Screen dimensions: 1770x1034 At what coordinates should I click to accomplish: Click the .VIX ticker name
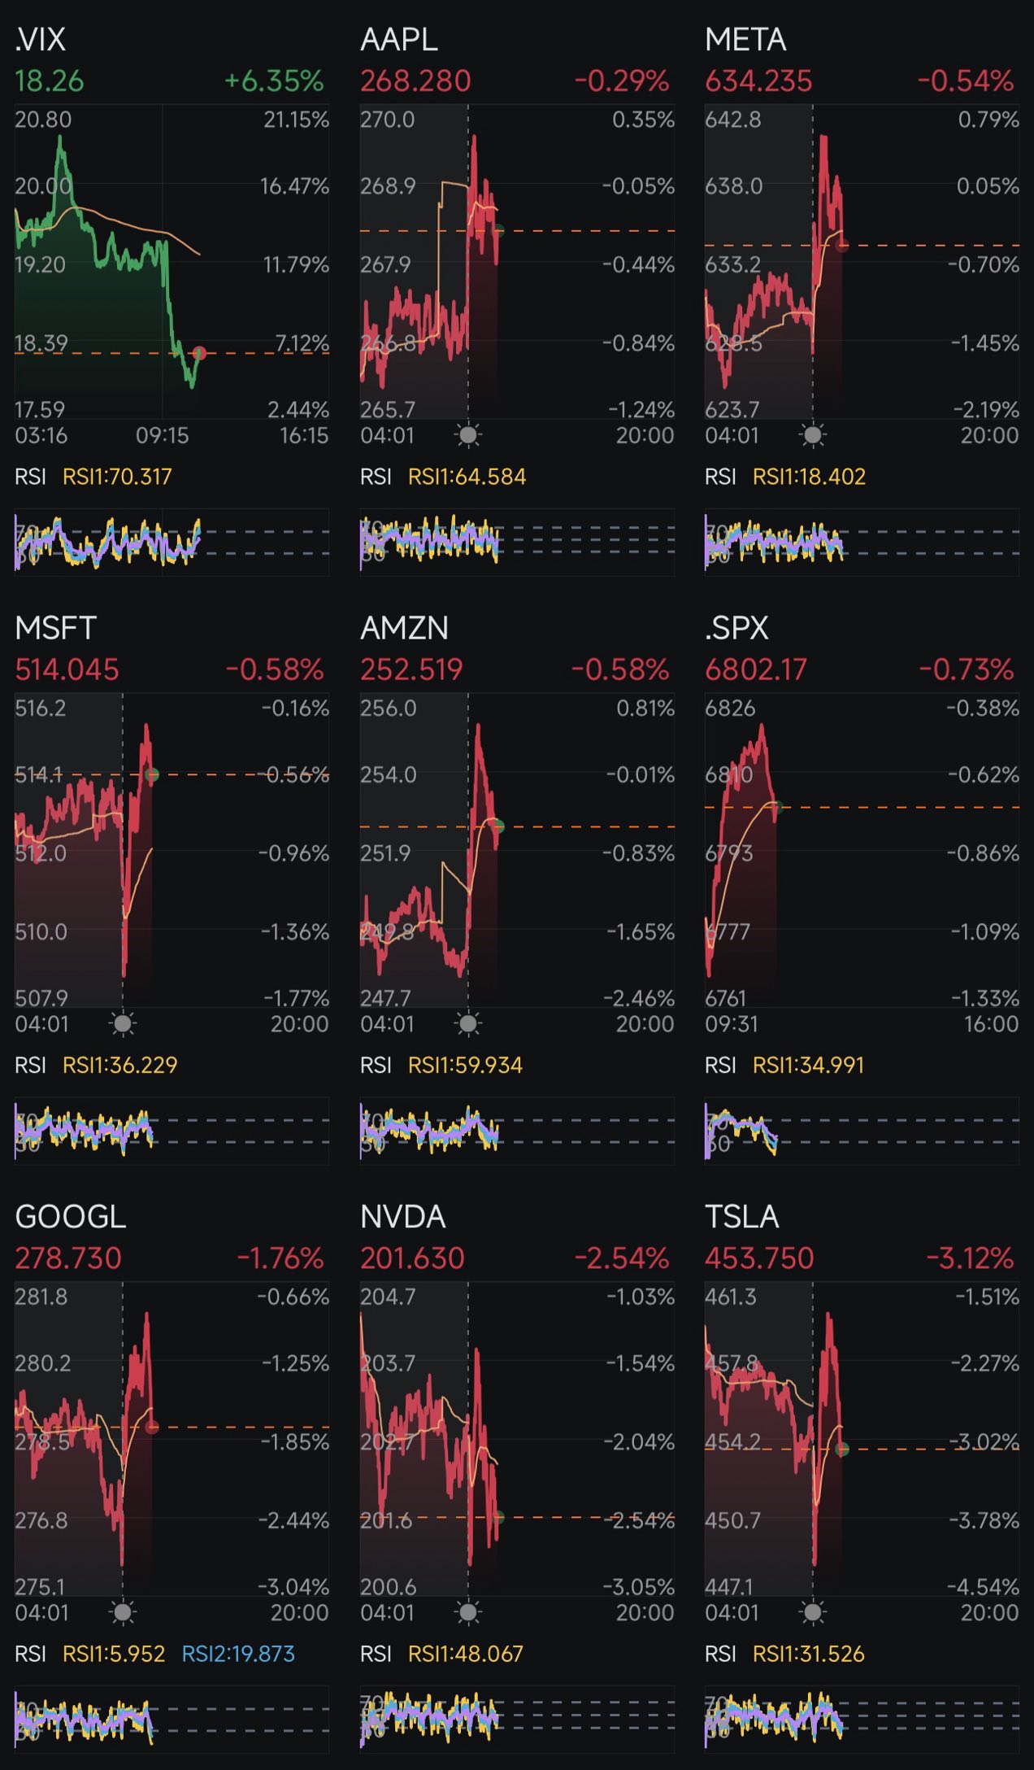pyautogui.click(x=41, y=39)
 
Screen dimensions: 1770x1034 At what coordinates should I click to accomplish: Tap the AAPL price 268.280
pyautogui.click(x=415, y=81)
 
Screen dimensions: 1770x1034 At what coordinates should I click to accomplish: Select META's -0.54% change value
pyautogui.click(x=965, y=81)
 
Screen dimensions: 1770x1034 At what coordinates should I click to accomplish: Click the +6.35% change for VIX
pyautogui.click(x=274, y=81)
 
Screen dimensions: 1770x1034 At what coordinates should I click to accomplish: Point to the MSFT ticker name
pyautogui.click(x=55, y=628)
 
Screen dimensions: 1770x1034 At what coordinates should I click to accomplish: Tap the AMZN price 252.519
pyautogui.click(x=411, y=669)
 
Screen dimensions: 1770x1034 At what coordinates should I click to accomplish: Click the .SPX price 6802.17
pyautogui.click(x=756, y=669)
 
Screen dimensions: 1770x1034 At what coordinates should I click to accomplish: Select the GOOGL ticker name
pyautogui.click(x=71, y=1217)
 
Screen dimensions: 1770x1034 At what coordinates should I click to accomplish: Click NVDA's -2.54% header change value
pyautogui.click(x=621, y=1258)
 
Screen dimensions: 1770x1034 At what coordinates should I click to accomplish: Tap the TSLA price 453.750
pyautogui.click(x=759, y=1258)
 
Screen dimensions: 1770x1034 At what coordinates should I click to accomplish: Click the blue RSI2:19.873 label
pyautogui.click(x=238, y=1654)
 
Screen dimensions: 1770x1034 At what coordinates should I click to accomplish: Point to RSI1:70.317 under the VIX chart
pyautogui.click(x=117, y=477)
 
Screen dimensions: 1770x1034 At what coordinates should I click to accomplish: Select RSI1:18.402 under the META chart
pyautogui.click(x=809, y=477)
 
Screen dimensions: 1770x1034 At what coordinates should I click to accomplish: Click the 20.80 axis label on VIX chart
pyautogui.click(x=43, y=120)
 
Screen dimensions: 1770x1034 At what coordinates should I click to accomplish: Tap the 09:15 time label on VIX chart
pyautogui.click(x=162, y=436)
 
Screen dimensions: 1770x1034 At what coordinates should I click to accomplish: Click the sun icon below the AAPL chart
pyautogui.click(x=468, y=435)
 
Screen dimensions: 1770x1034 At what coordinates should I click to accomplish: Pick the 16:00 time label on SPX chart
pyautogui.click(x=991, y=1024)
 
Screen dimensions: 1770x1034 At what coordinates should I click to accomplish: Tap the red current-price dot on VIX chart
pyautogui.click(x=199, y=353)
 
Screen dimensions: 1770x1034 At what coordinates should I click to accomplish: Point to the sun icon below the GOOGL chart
pyautogui.click(x=123, y=1612)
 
